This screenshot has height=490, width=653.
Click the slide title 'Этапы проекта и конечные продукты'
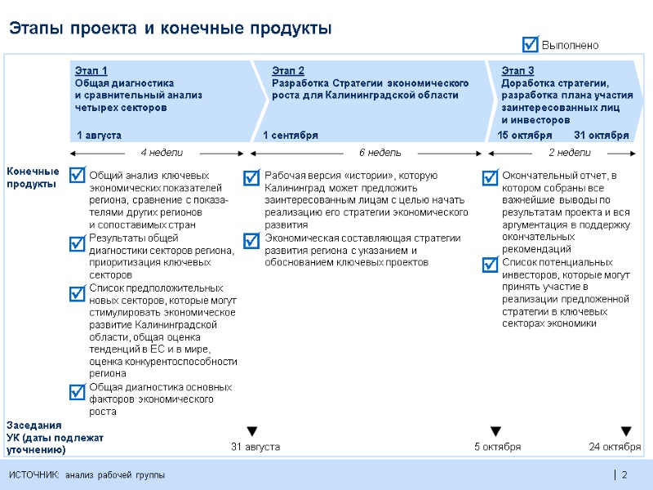click(171, 29)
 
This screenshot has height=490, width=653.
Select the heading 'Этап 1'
click(91, 71)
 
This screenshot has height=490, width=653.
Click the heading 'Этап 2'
click(287, 71)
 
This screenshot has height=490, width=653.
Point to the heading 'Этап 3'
click(518, 71)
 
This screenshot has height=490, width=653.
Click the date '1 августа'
click(99, 135)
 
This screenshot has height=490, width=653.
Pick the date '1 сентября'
click(291, 135)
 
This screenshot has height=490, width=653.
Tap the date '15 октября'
click(525, 135)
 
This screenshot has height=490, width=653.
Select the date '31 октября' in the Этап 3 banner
click(601, 135)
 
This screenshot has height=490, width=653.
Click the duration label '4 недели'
click(162, 153)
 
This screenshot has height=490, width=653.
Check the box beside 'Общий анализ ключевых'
click(78, 175)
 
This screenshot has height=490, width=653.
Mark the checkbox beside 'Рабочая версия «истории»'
click(253, 176)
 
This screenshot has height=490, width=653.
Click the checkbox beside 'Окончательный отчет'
click(491, 177)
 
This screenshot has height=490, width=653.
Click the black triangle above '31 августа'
click(252, 431)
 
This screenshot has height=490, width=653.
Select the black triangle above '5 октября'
click(495, 431)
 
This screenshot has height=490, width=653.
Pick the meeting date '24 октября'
click(615, 447)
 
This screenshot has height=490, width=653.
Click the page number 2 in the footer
click(624, 475)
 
